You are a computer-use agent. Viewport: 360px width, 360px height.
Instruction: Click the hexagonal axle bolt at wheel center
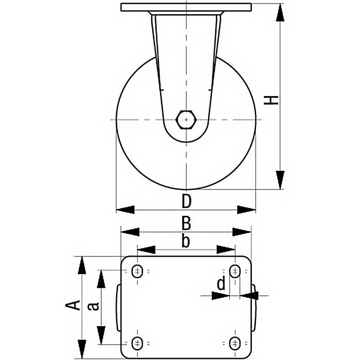point(186,119)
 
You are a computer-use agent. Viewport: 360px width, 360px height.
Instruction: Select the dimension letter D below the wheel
point(186,202)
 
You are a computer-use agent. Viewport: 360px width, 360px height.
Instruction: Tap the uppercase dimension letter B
point(186,224)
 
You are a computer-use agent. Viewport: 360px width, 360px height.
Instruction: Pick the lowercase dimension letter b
point(185,241)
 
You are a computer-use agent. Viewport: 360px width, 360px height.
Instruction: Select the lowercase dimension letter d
point(221,285)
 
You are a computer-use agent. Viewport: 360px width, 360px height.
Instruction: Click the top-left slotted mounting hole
point(137,271)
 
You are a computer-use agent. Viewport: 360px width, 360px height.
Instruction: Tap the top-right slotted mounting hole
point(235,271)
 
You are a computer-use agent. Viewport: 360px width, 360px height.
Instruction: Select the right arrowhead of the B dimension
point(242,232)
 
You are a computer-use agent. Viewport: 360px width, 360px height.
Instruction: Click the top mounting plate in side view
point(186,8)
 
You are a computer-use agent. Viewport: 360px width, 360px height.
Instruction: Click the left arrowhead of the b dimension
point(146,249)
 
